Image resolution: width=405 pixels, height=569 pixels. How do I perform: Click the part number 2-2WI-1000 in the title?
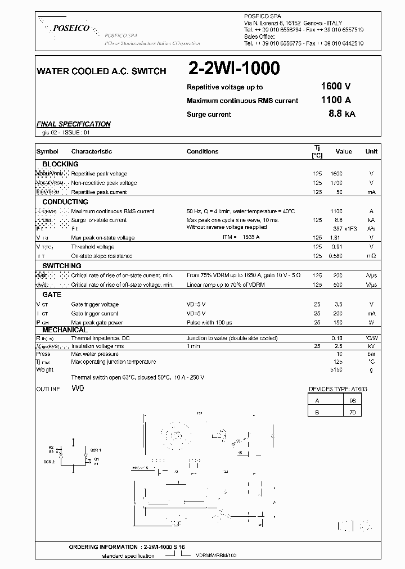point(233,69)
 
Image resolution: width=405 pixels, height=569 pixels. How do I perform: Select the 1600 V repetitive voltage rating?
point(335,87)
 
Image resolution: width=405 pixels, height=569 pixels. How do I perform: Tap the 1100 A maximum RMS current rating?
point(335,100)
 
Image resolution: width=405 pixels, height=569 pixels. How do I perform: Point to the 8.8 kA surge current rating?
point(341,114)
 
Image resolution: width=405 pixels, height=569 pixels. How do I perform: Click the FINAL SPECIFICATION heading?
point(73,124)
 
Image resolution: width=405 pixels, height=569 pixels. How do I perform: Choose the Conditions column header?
point(202,151)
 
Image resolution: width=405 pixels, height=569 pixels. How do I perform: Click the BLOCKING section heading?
point(60,164)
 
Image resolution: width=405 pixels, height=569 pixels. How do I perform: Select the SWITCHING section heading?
point(62,265)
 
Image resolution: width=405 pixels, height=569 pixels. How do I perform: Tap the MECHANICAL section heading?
point(65,330)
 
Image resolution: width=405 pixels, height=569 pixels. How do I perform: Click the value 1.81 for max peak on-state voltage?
point(336,238)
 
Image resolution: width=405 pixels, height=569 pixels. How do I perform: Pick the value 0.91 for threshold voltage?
point(336,247)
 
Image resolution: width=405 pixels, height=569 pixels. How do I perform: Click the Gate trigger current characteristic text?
point(94,313)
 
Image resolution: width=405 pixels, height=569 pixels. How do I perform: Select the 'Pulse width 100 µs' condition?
point(209,323)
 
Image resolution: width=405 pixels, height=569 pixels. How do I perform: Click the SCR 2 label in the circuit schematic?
point(49,462)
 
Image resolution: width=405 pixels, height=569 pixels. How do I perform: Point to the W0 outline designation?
point(78,389)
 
